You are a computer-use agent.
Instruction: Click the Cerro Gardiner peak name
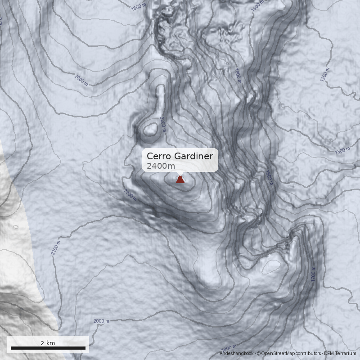pos(180,156)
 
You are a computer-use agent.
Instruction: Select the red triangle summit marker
pos(180,180)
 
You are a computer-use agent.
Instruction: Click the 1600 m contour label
pos(238,76)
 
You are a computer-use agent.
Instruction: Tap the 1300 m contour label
pos(342,150)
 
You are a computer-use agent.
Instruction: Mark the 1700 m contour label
pos(313,274)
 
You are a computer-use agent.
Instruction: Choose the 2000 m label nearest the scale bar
pos(101,321)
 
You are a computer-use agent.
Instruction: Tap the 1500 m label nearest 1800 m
pos(257,6)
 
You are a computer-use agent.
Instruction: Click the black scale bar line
pos(48,348)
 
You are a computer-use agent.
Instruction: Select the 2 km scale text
pos(48,343)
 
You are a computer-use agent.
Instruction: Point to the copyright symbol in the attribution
pos(258,354)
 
